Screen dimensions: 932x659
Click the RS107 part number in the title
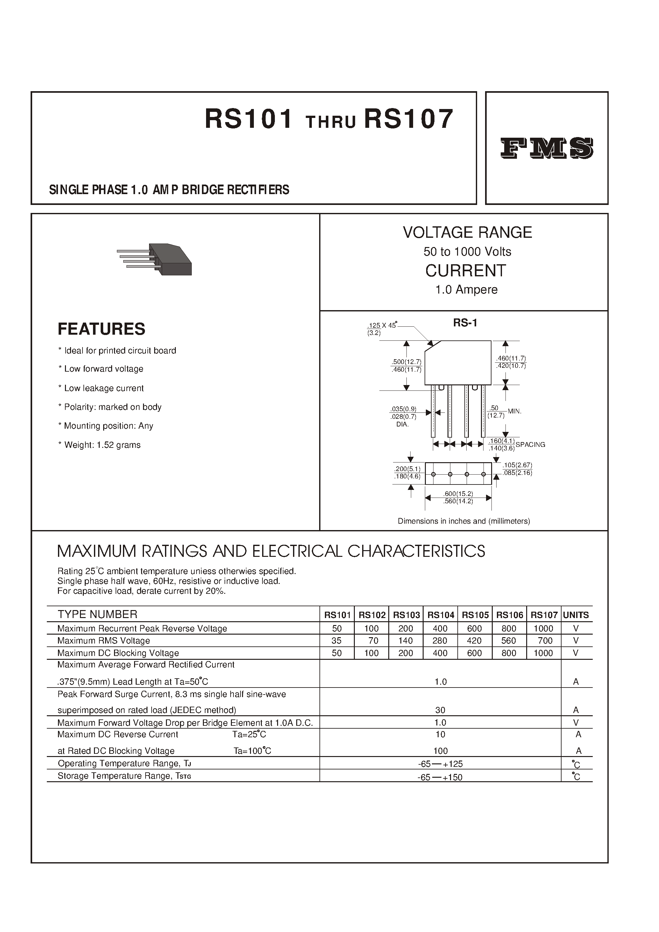coord(409,120)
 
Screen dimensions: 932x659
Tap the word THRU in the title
coord(331,122)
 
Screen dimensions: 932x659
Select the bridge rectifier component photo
coord(154,259)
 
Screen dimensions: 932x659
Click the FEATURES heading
coord(102,329)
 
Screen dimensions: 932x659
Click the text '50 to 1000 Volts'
coord(467,252)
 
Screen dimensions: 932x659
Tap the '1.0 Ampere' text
coord(466,289)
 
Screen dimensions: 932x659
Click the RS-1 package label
coord(465,323)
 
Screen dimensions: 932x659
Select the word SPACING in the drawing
coord(530,445)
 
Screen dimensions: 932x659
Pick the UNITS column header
coord(576,615)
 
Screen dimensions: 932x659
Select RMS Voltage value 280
coord(440,640)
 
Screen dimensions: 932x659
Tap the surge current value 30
coord(440,710)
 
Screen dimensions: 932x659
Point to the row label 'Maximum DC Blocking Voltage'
coord(118,653)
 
